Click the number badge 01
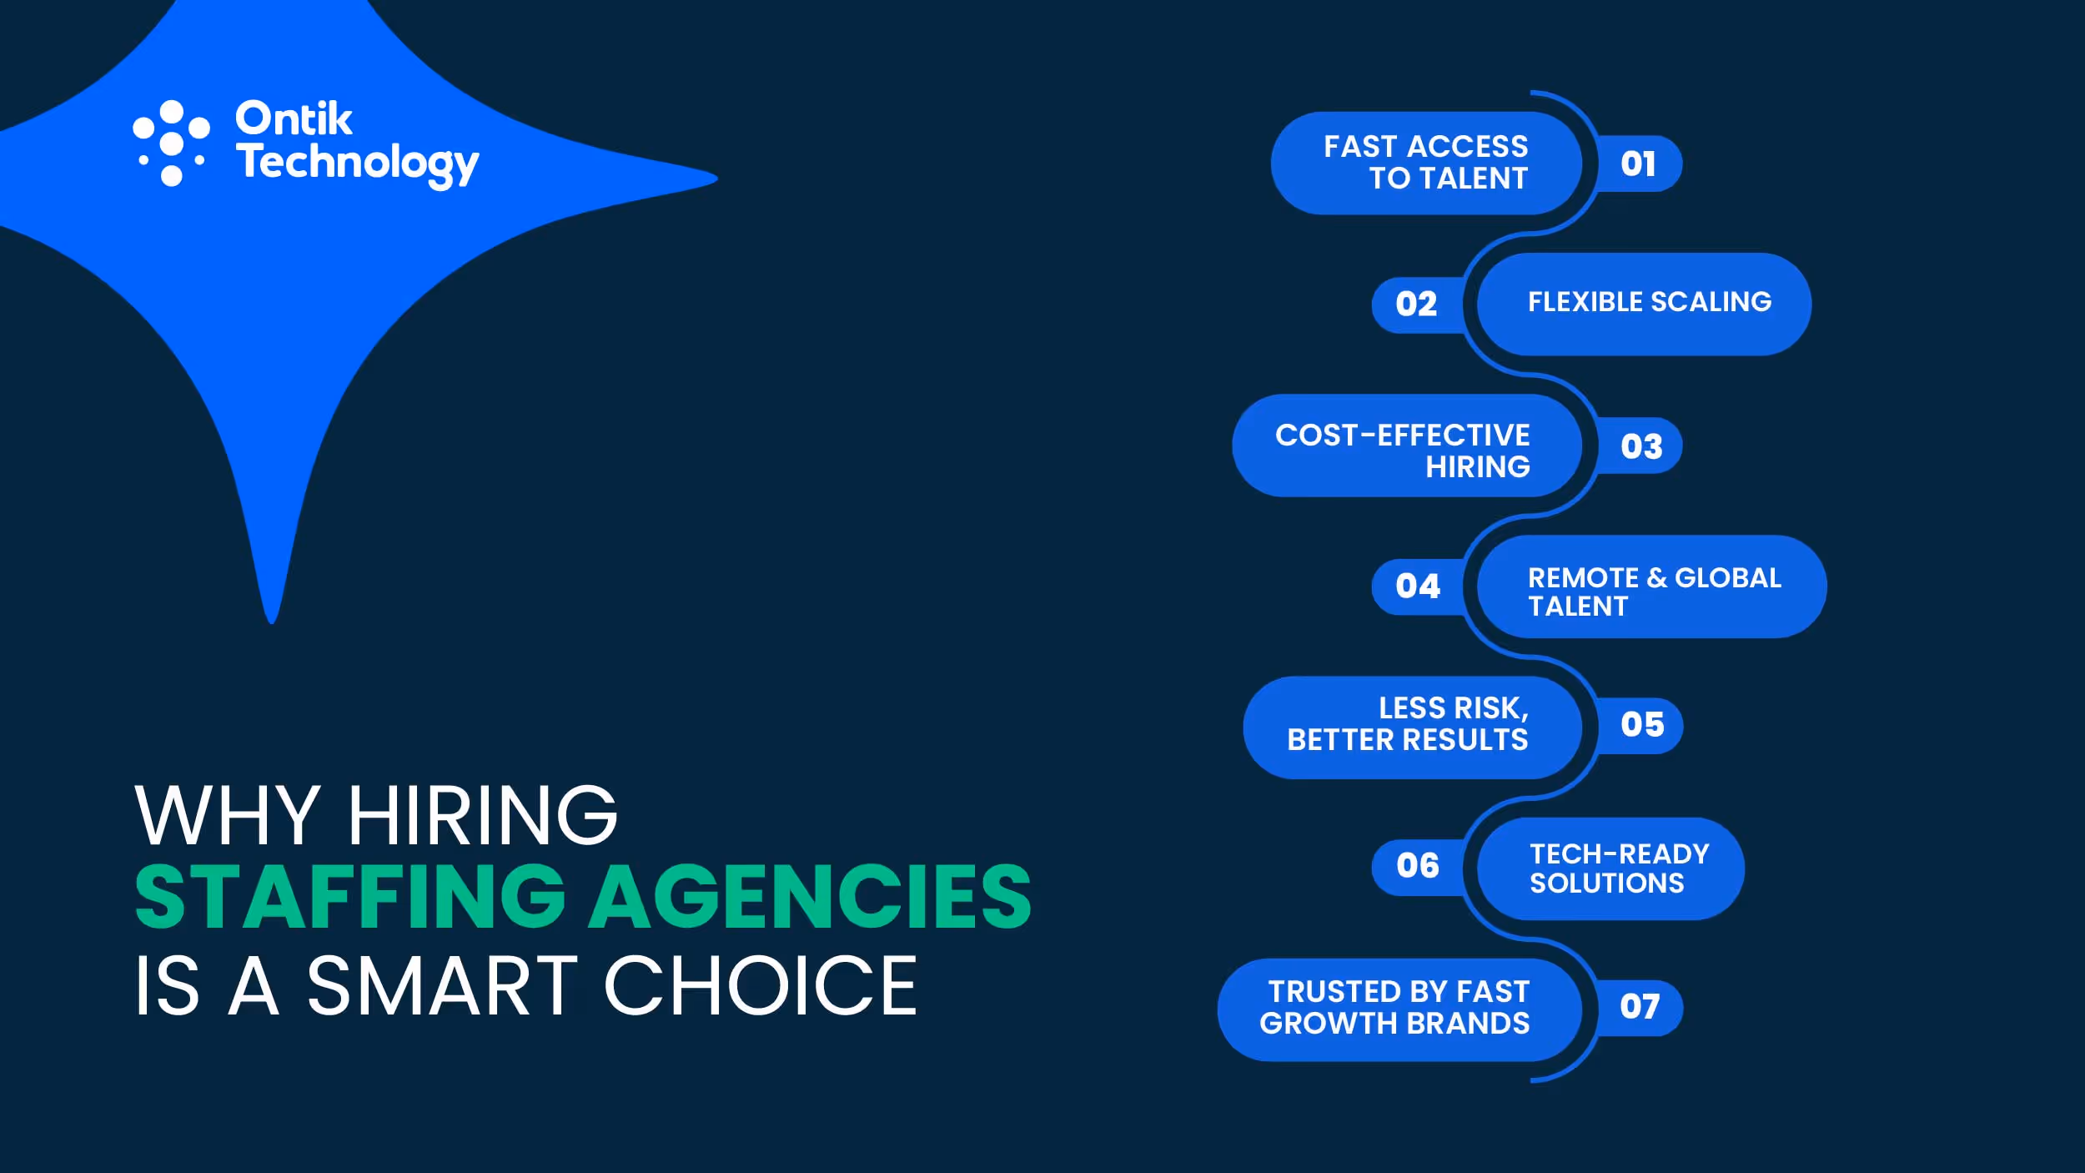[1638, 164]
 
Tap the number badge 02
[1416, 304]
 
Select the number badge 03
[1641, 446]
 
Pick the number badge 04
[1418, 586]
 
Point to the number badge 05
[1642, 724]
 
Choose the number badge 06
[1418, 865]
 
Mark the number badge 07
[1640, 1006]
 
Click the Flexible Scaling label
[1649, 302]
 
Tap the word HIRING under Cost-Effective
[1477, 467]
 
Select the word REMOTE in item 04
[1583, 577]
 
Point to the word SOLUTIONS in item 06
[1606, 883]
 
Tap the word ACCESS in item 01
[1467, 147]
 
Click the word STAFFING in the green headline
[350, 898]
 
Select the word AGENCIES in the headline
[810, 898]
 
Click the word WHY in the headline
[227, 815]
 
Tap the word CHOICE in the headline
[760, 986]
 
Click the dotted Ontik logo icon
[171, 143]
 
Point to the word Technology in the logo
[357, 164]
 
